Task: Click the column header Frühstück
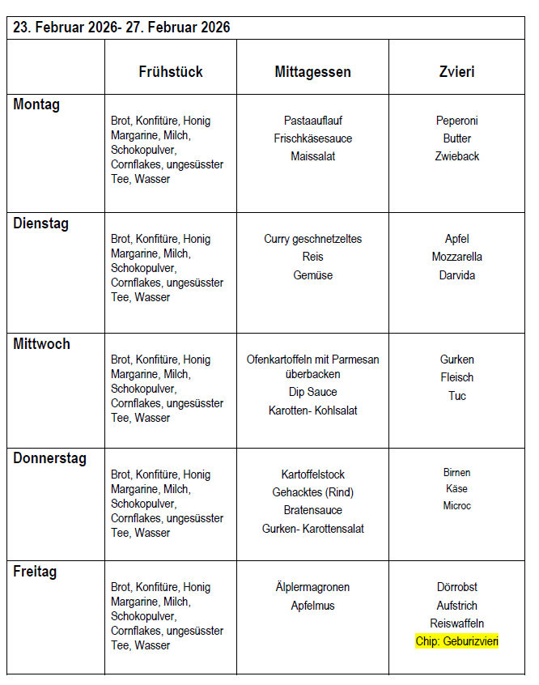pos(170,72)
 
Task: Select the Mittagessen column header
pos(312,72)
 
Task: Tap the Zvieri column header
pos(457,72)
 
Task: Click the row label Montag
pos(36,104)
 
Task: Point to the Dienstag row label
pos(40,223)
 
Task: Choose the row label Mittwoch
pos(41,344)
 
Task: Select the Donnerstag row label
pos(49,458)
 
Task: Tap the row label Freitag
pos(35,572)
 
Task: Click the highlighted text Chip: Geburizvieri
pos(457,641)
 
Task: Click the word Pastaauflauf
pos(313,121)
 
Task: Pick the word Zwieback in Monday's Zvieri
pos(457,156)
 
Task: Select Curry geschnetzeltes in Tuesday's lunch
pos(313,239)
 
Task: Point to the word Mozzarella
pos(457,257)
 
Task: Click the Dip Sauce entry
pos(313,392)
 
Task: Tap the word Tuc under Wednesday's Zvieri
pos(457,396)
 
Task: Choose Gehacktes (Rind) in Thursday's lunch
pos(313,492)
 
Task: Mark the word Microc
pos(457,506)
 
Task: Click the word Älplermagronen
pos(313,587)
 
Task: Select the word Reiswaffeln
pos(457,623)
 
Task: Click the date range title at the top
pos(121,28)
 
